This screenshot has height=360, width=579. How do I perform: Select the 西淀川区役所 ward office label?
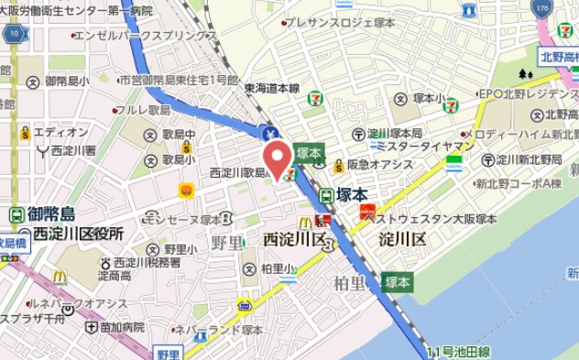click(78, 235)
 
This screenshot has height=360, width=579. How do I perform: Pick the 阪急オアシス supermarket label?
click(381, 166)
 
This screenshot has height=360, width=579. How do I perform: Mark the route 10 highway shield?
click(14, 34)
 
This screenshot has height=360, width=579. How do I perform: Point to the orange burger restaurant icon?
click(186, 190)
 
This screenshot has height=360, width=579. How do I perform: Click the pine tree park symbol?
click(524, 74)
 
